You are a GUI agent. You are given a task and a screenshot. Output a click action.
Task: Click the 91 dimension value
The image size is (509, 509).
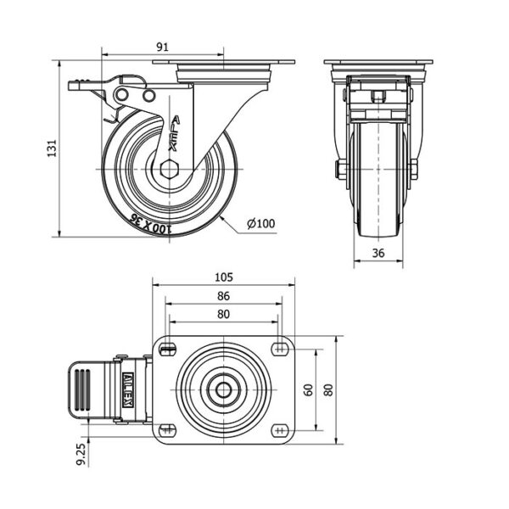coord(163,47)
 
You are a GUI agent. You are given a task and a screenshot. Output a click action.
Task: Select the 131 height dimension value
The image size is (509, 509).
coord(52,148)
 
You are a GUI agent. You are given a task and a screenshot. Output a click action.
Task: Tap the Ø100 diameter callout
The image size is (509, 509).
coord(260,223)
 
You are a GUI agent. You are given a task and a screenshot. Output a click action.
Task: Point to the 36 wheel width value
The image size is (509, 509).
coord(378,253)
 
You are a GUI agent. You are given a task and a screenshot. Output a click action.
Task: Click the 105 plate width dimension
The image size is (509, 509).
coord(224,277)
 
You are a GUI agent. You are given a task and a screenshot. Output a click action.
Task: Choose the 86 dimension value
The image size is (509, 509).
coord(223,296)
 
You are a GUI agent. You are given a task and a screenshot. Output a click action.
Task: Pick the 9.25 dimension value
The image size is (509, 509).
coord(81,454)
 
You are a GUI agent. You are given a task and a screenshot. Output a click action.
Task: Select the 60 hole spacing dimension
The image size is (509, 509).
coord(309,389)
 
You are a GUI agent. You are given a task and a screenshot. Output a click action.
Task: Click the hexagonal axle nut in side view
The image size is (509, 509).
coord(170,170)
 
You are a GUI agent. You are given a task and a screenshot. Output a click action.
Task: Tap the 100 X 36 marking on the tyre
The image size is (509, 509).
coord(149,224)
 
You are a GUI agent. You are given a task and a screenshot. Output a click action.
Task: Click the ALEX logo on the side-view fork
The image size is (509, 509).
coord(175,133)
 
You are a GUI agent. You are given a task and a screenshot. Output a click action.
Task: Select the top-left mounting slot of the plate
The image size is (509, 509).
coord(168,350)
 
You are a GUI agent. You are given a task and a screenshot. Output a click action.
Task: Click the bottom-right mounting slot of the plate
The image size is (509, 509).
coord(280,430)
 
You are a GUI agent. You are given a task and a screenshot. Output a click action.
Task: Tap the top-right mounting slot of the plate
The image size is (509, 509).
coord(280,350)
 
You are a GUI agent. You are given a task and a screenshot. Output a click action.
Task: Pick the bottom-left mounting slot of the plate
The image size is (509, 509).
coord(168,430)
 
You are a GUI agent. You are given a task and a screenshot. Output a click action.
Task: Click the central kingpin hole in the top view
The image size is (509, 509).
coord(224,390)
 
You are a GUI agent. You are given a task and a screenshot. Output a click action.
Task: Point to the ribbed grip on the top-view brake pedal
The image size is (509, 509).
coord(82,389)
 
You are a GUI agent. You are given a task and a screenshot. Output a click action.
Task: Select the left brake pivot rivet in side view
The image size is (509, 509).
coord(122,95)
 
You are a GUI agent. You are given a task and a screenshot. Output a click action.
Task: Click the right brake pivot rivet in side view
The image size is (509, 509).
coord(148,96)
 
